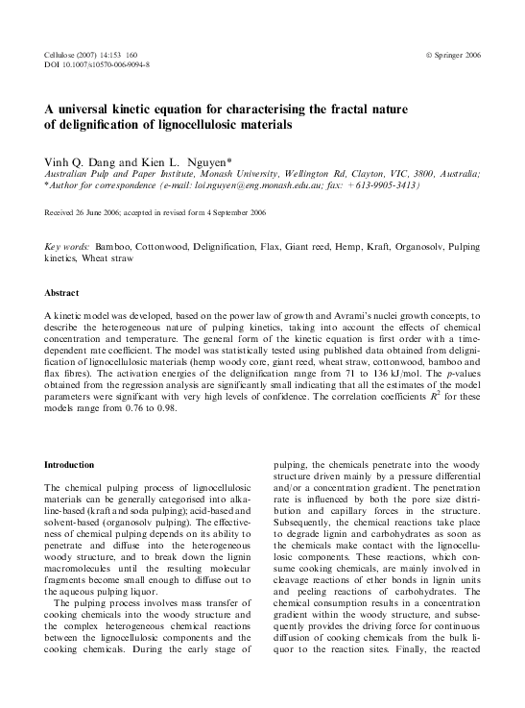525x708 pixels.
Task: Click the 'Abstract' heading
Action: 62,291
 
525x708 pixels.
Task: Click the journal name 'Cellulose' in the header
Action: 62,55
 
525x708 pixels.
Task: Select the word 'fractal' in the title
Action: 361,110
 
